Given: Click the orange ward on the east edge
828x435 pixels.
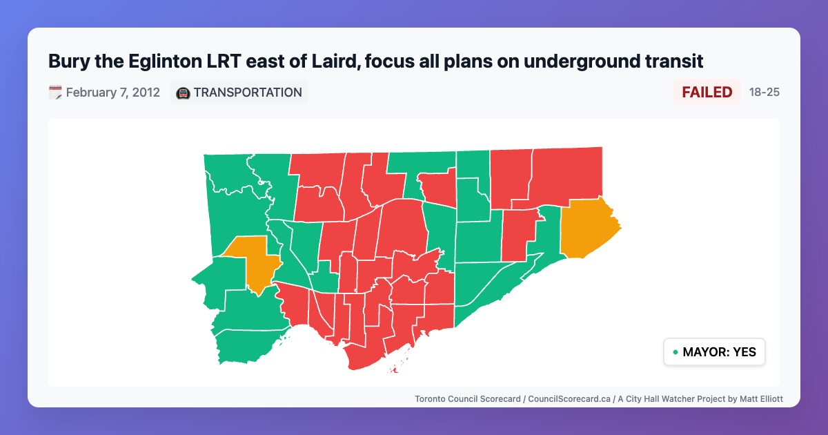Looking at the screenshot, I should [x=586, y=228].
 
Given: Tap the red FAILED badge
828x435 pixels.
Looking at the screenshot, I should [x=707, y=93].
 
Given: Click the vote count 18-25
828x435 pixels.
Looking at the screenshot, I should [x=764, y=93].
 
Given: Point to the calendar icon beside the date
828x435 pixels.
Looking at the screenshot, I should [x=55, y=93].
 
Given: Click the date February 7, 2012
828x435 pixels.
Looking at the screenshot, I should [x=113, y=93].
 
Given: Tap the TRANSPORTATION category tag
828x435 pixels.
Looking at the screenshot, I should [x=248, y=93].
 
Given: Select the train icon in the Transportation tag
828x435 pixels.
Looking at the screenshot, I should [x=183, y=93].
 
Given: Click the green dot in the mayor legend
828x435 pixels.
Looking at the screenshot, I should [x=675, y=353].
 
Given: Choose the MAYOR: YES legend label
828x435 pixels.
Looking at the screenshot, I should [x=719, y=352].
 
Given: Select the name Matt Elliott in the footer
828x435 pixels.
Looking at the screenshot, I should [x=758, y=399].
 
